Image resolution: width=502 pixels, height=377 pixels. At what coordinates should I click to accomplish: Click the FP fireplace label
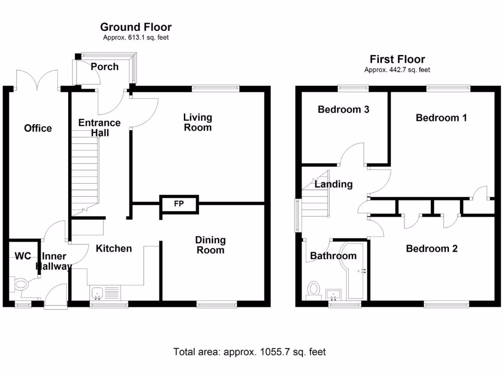[179, 204]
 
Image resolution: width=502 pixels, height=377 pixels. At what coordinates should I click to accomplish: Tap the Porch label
[104, 66]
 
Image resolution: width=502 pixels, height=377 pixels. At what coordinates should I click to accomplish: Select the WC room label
[23, 256]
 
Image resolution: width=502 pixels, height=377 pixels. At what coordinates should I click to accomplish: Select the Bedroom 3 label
[343, 109]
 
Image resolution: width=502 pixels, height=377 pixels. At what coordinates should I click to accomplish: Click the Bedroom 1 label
[441, 118]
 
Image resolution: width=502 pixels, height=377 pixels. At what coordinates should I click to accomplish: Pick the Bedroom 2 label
[431, 249]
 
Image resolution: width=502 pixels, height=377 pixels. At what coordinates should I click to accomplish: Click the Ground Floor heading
[136, 27]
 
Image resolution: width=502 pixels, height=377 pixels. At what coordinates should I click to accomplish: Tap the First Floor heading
[397, 59]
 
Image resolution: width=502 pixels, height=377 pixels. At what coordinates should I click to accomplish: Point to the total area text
[250, 352]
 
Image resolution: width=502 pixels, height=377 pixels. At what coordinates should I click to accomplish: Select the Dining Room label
[210, 245]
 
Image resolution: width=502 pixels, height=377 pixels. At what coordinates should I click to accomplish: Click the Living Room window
[215, 89]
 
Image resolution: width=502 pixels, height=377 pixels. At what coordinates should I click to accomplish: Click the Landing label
[333, 185]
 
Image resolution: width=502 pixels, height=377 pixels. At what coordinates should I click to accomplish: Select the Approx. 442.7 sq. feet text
[397, 70]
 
